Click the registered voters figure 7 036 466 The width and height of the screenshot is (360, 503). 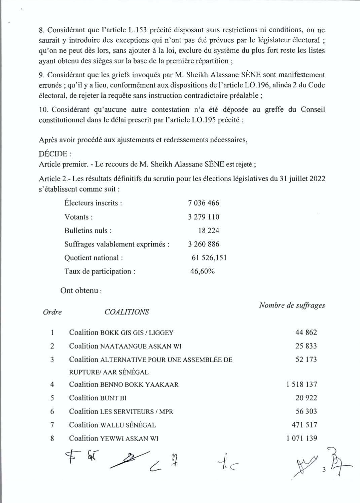[x=203, y=203]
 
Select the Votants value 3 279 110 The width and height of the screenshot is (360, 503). [x=203, y=217]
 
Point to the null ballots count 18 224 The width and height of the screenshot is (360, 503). [x=209, y=231]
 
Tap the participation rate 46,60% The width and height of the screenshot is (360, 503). [x=202, y=271]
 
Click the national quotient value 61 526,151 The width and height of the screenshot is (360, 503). [x=209, y=258]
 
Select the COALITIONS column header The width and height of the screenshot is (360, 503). [x=127, y=312]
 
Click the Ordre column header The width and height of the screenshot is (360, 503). [x=52, y=312]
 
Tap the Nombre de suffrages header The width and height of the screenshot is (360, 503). [x=292, y=305]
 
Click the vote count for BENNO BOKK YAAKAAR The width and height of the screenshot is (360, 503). [x=301, y=384]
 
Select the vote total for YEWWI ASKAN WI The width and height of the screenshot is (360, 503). [x=301, y=438]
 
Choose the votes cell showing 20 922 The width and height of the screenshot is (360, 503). [x=306, y=398]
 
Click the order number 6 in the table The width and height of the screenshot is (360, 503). [x=52, y=412]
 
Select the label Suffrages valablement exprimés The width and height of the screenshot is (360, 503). [x=117, y=244]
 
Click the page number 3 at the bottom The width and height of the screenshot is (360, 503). [x=324, y=470]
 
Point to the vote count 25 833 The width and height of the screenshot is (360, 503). [x=306, y=346]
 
